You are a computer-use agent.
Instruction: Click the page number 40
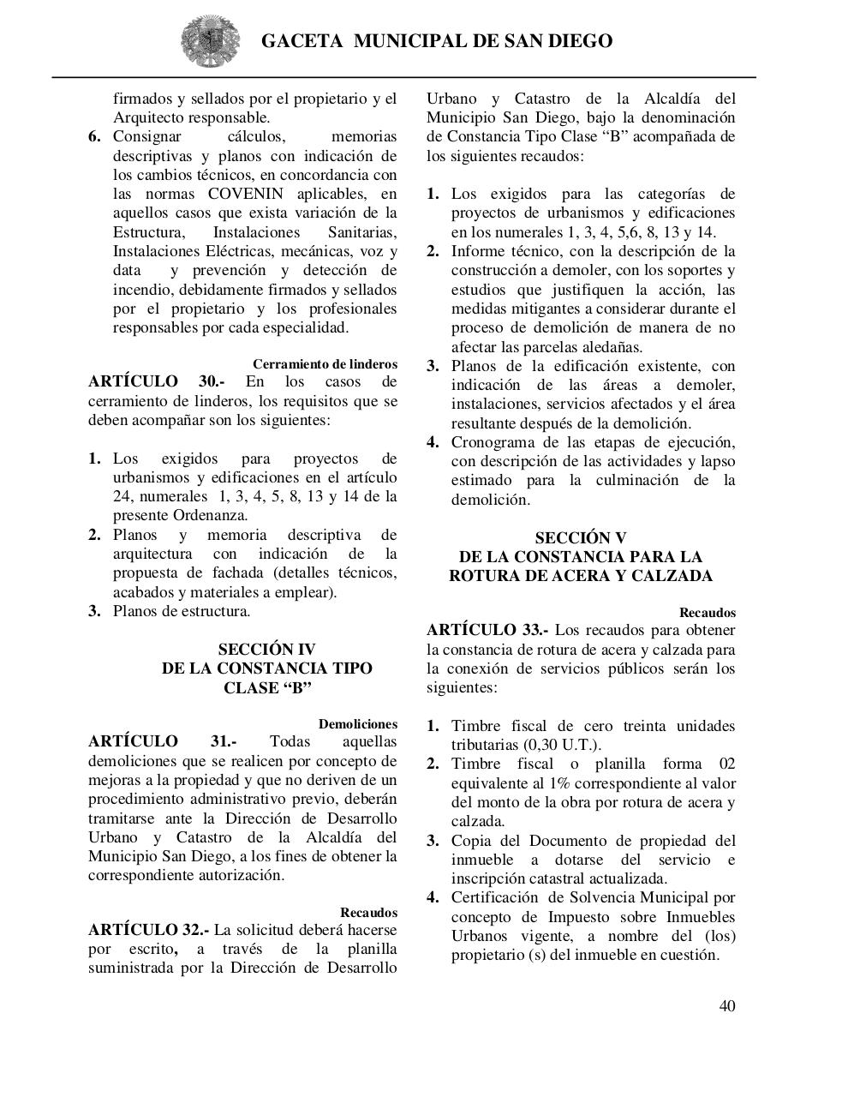pyautogui.click(x=726, y=1005)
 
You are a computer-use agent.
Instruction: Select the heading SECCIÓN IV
pyautogui.click(x=266, y=650)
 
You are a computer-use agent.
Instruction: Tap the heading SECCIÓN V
pyautogui.click(x=580, y=538)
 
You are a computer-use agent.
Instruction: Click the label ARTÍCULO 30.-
pyautogui.click(x=157, y=381)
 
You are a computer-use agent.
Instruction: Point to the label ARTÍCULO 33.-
pyautogui.click(x=493, y=631)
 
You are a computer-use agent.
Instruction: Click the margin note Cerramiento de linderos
pyautogui.click(x=325, y=364)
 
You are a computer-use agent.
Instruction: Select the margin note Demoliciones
pyautogui.click(x=357, y=724)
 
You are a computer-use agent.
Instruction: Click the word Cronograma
pyautogui.click(x=492, y=442)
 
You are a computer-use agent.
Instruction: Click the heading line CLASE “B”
pyautogui.click(x=266, y=688)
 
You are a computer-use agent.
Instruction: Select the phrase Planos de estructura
pyautogui.click(x=182, y=611)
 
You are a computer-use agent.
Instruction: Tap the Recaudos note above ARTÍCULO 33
pyautogui.click(x=707, y=613)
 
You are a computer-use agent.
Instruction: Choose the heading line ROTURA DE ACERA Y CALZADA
pyautogui.click(x=580, y=576)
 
